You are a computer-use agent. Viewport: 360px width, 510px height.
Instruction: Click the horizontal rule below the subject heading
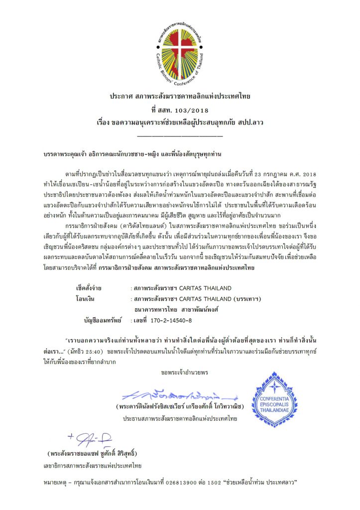pos(180,135)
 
